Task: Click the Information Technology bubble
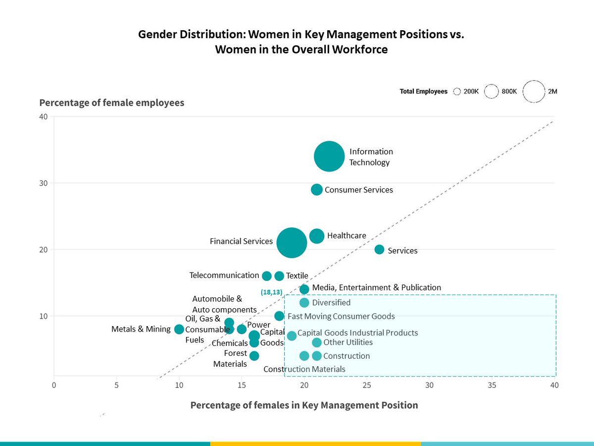[x=329, y=156]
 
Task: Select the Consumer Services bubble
[x=317, y=189]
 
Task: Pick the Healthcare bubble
[x=317, y=236]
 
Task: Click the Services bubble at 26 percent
[x=379, y=249]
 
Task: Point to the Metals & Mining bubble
[x=179, y=329]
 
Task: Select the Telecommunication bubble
[x=267, y=276]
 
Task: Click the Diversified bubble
[x=304, y=303]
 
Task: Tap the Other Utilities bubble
[x=317, y=342]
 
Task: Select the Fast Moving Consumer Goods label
[x=341, y=316]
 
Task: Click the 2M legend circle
[x=534, y=92]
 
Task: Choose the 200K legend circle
[x=457, y=92]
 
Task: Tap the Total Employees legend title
[x=423, y=92]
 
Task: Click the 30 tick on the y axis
[x=44, y=183]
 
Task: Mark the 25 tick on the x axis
[x=367, y=385]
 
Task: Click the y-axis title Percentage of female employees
[x=112, y=103]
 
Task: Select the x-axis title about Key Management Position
[x=304, y=405]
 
